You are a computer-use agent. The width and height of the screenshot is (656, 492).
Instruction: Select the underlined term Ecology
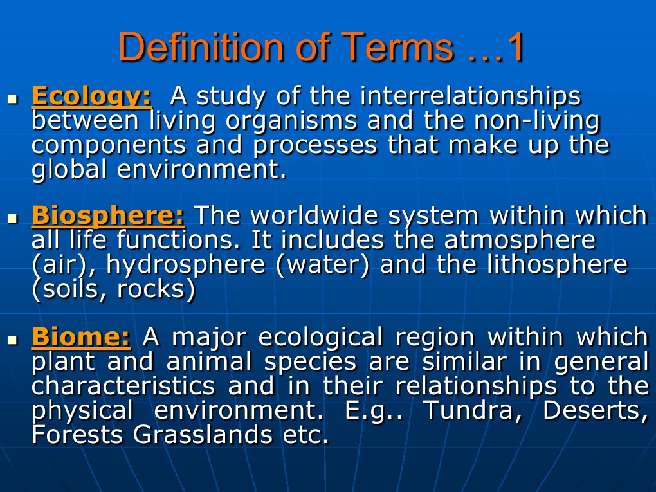click(92, 97)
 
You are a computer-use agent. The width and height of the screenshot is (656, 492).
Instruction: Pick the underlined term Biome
click(81, 336)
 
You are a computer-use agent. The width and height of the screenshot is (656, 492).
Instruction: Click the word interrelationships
click(469, 96)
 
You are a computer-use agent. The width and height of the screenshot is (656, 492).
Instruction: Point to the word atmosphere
click(519, 241)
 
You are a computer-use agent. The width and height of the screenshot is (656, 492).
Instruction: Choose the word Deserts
click(595, 410)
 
